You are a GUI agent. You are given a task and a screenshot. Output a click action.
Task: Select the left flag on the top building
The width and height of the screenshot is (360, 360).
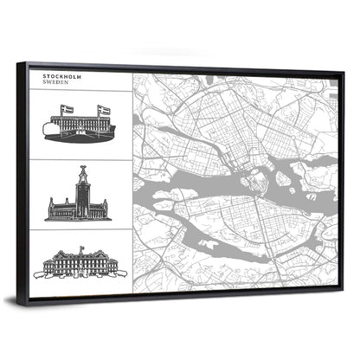pyautogui.click(x=65, y=110)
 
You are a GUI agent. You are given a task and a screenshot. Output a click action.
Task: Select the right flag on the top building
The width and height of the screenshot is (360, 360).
pyautogui.click(x=103, y=110)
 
